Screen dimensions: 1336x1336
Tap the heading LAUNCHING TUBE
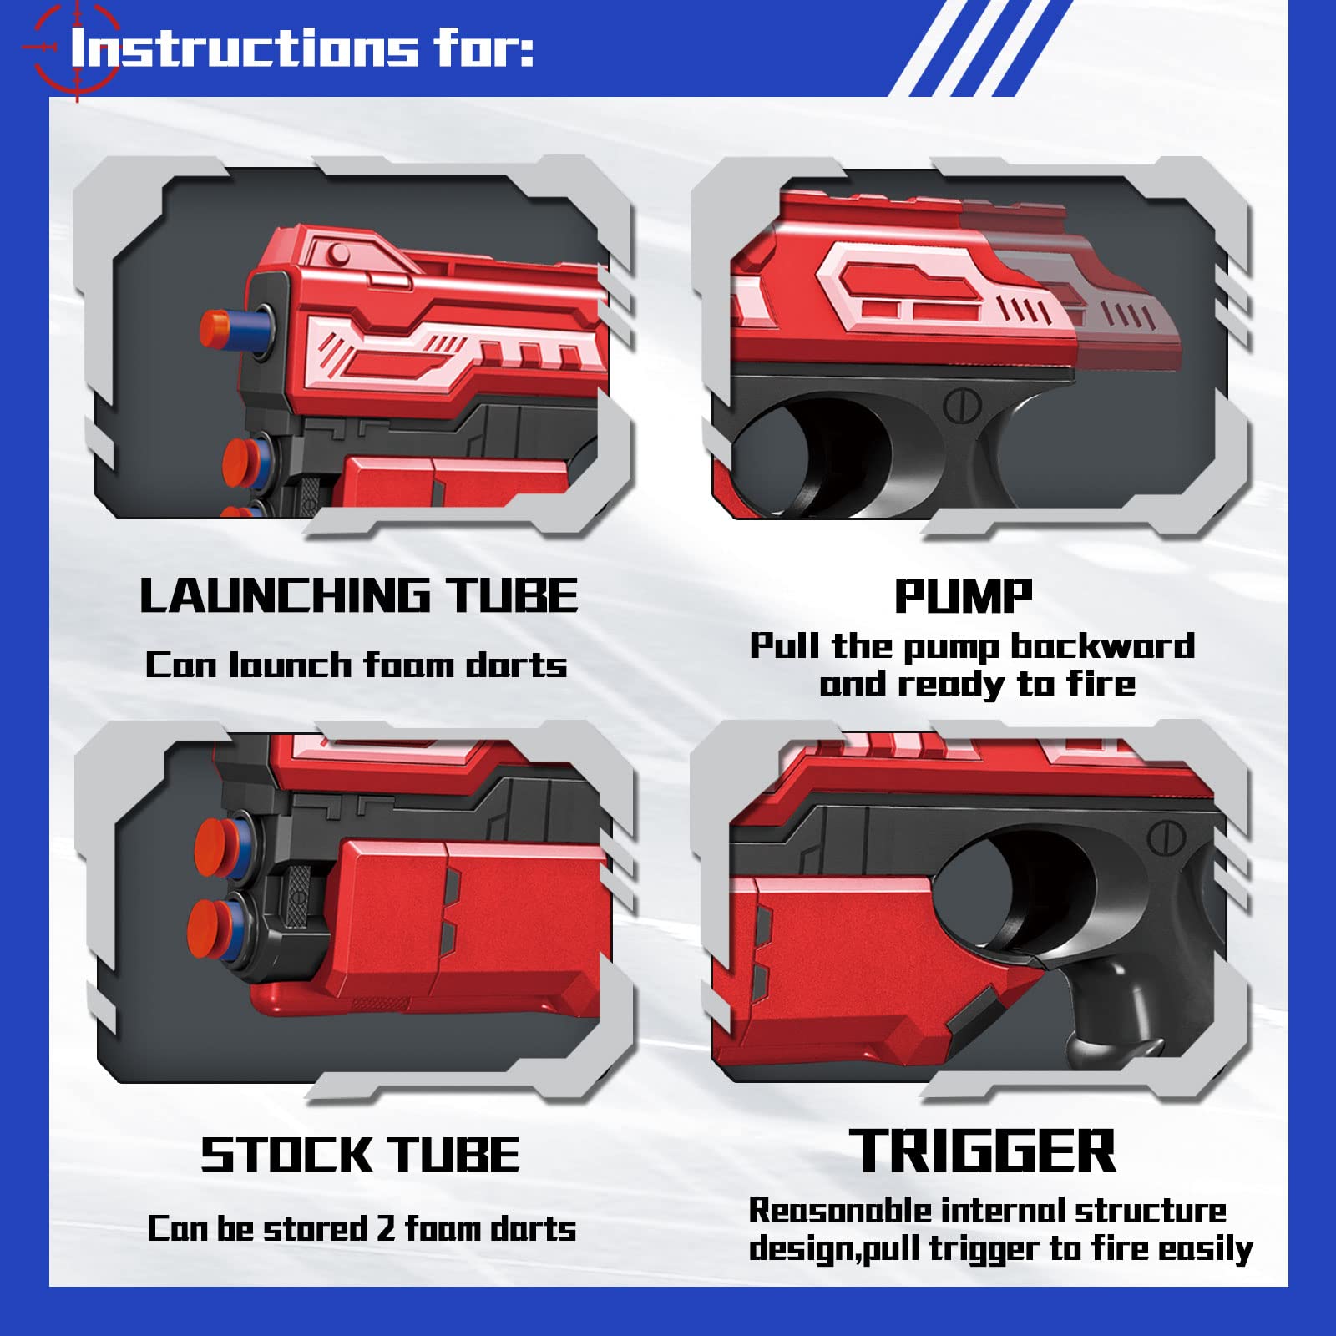tap(358, 596)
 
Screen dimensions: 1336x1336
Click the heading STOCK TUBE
tap(360, 1155)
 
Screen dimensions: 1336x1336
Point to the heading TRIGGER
tap(982, 1151)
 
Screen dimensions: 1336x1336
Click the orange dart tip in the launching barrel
tap(216, 326)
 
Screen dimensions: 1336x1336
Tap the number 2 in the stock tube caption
tap(385, 1228)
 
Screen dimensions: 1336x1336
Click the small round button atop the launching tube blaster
tap(338, 252)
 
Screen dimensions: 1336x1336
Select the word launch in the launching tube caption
tap(291, 665)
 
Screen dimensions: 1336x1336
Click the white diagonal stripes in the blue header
tap(977, 48)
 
